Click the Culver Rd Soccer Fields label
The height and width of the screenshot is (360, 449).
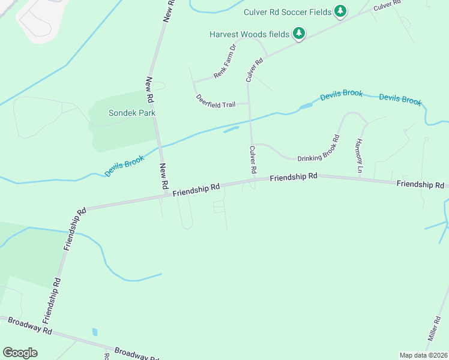pos(288,11)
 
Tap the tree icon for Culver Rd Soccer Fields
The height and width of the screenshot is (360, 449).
pos(340,11)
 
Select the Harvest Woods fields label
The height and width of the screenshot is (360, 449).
pos(249,34)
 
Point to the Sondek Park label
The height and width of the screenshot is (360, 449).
pos(131,113)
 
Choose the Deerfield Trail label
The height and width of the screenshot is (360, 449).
pos(215,100)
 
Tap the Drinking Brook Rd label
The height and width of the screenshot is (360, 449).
pos(319,148)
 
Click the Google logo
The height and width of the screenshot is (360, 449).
pos(20,353)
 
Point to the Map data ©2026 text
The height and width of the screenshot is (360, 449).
pos(423,355)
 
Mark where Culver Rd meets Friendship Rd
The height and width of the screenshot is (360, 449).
pos(253,179)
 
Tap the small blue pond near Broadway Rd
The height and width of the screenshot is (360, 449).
pos(95,332)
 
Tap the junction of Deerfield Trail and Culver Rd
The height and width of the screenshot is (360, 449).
pos(249,103)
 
